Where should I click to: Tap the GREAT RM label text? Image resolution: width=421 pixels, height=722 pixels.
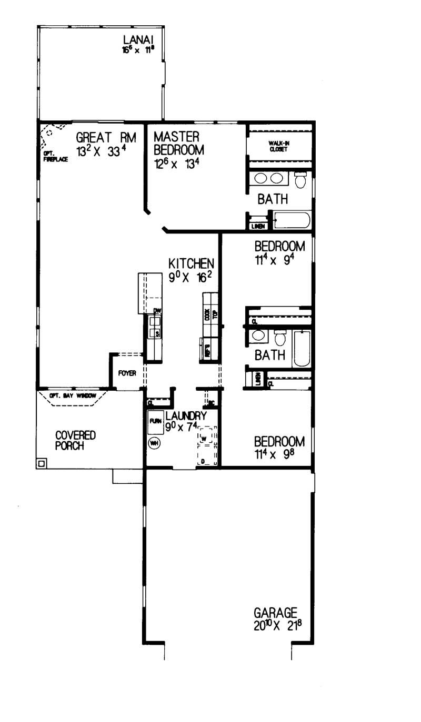click(106, 138)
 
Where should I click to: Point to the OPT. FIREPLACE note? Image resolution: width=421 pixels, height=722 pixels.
click(55, 157)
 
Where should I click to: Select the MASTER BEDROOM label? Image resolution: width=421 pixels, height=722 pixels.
click(179, 143)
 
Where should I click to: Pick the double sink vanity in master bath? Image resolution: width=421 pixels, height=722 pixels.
click(268, 179)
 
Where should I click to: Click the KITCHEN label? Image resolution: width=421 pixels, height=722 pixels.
click(191, 263)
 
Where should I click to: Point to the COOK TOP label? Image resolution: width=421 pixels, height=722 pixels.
click(210, 314)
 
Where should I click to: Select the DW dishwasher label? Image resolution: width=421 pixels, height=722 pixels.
click(156, 311)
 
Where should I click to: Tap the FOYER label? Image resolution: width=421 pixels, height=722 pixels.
click(127, 373)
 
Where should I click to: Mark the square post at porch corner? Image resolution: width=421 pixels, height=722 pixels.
click(41, 463)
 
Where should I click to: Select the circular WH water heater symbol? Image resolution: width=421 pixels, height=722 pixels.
click(155, 443)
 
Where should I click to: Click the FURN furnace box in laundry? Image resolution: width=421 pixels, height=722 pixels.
click(155, 422)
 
